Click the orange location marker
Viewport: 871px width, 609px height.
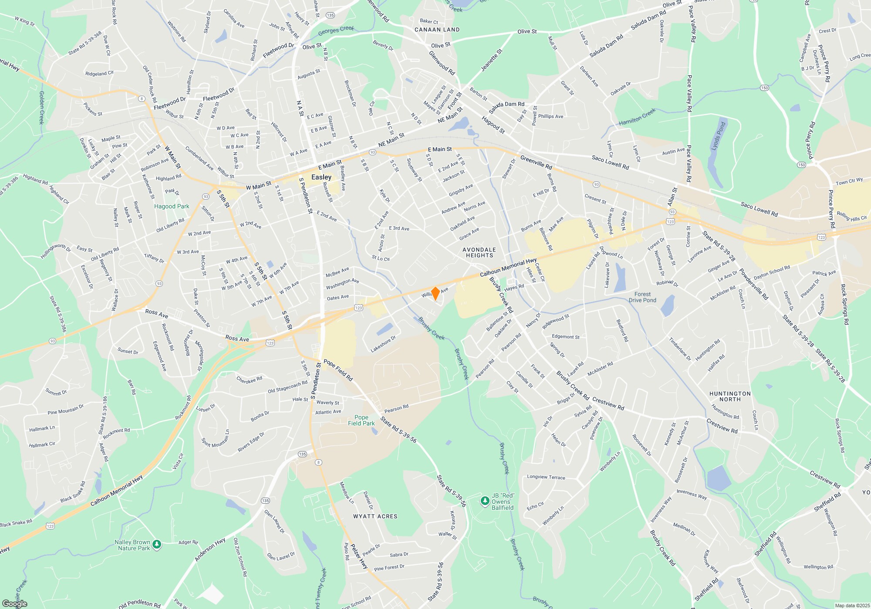[435, 294]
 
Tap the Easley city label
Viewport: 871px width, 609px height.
[321, 177]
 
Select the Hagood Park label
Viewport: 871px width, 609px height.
[172, 206]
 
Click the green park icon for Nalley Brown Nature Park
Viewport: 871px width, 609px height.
[157, 544]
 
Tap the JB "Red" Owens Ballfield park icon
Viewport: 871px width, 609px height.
[485, 501]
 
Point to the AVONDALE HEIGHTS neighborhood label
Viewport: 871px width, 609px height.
[479, 253]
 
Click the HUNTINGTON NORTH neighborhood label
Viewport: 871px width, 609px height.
[730, 396]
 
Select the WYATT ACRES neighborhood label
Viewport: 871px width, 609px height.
[375, 516]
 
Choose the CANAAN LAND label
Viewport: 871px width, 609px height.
[437, 30]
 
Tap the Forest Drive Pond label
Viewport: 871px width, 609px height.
[642, 297]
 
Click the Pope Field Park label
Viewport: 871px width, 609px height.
[361, 420]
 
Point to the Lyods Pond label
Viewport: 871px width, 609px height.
[718, 136]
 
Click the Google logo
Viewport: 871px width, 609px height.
[15, 603]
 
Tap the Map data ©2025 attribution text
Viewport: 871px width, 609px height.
[852, 606]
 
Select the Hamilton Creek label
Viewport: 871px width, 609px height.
[637, 117]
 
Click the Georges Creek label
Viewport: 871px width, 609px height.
[336, 31]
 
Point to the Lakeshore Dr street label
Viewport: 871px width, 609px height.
[383, 344]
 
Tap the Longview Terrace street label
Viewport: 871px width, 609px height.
[546, 477]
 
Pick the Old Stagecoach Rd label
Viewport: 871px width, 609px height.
[287, 387]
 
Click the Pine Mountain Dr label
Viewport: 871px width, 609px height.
[65, 409]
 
